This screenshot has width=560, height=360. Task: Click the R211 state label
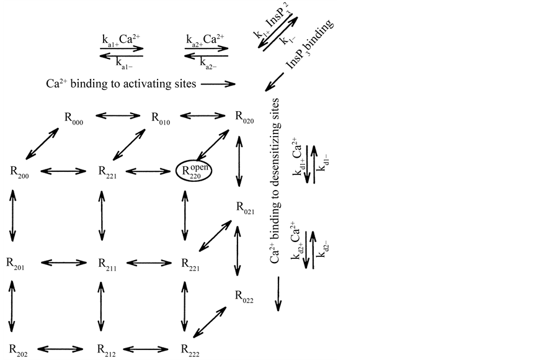pyautogui.click(x=107, y=263)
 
